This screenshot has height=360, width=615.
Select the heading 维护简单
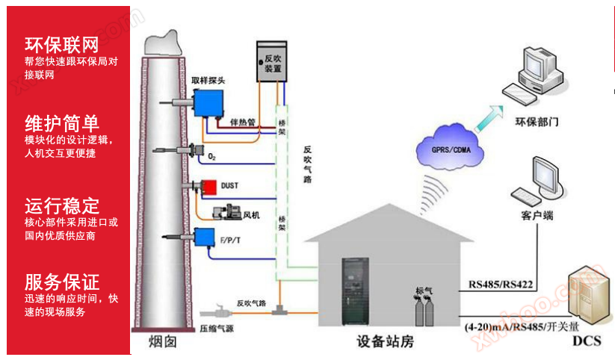point(61,122)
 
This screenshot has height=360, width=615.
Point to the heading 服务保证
point(61,282)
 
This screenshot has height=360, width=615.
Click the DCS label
point(587,341)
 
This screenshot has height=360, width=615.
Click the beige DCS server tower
point(587,301)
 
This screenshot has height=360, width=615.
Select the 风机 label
point(251,215)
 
